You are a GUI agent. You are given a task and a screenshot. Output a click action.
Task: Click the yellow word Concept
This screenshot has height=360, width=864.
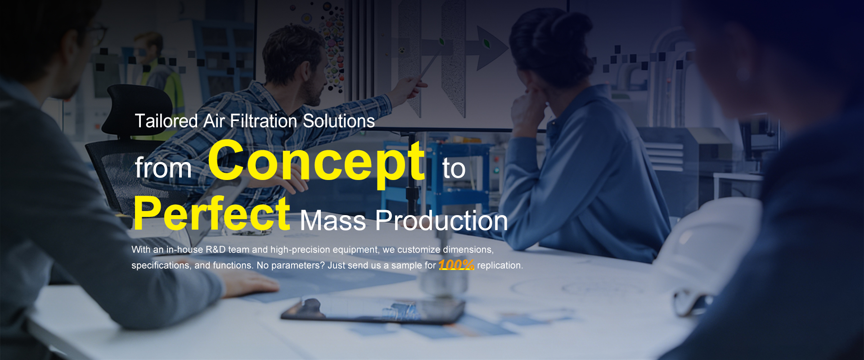pyautogui.click(x=316, y=162)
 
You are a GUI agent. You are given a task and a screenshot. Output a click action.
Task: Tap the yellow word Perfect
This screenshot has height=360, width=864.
pyautogui.click(x=212, y=213)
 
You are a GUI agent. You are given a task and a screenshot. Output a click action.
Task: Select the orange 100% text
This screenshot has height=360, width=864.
pyautogui.click(x=456, y=265)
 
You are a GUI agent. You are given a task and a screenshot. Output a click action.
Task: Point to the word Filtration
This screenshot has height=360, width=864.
pyautogui.click(x=264, y=121)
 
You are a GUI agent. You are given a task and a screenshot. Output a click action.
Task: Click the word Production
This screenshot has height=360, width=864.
pyautogui.click(x=441, y=221)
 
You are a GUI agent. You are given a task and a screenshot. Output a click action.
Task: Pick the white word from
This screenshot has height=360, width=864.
pyautogui.click(x=163, y=167)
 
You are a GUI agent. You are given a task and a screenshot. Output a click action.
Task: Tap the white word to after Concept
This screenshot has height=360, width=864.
pyautogui.click(x=454, y=168)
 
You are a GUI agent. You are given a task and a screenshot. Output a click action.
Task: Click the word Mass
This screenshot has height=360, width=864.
pyautogui.click(x=333, y=221)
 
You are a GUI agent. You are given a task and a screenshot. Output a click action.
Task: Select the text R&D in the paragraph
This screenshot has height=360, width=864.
pyautogui.click(x=216, y=249)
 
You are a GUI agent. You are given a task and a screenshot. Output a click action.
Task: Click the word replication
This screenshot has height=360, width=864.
pyautogui.click(x=500, y=265)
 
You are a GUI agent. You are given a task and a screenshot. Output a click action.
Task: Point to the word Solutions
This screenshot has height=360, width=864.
pyautogui.click(x=339, y=121)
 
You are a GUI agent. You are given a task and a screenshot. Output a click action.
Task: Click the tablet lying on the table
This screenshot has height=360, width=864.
pyautogui.click(x=373, y=310)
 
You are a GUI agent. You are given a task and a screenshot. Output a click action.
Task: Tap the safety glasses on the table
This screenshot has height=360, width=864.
pyautogui.click(x=693, y=301)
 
